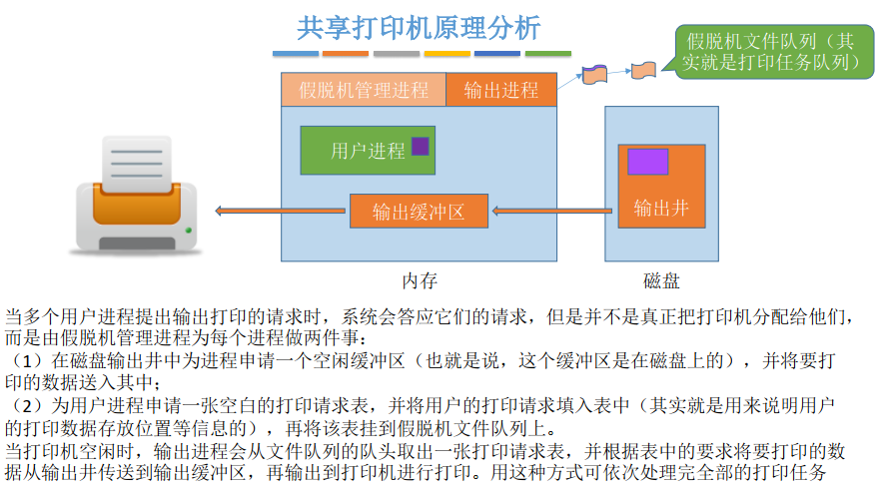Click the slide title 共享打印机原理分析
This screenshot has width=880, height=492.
419,26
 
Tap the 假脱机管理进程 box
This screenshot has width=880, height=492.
364,90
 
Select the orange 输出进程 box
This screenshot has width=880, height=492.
500,90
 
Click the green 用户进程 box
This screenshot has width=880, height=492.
368,151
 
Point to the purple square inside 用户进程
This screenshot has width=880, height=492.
420,146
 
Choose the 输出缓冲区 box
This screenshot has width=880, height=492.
419,211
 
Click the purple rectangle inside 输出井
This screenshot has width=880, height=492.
647,162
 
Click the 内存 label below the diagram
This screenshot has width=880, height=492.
420,279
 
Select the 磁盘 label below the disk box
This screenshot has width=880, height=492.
661,279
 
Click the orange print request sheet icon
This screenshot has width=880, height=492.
642,70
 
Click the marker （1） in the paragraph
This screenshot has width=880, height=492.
21,359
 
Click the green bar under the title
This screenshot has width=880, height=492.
547,53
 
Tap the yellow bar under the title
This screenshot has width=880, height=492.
446,53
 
